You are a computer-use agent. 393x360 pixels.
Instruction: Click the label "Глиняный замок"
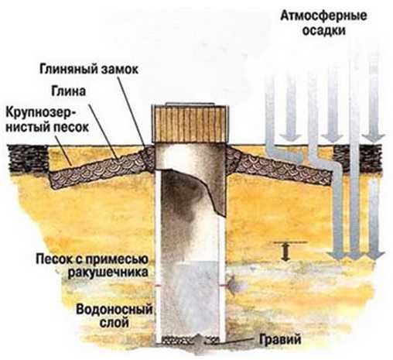pos(89,69)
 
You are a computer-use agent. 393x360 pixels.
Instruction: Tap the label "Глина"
pos(68,91)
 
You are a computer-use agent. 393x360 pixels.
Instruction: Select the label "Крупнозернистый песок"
pos(47,120)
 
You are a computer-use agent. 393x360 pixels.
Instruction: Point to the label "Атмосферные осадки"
pos(323,23)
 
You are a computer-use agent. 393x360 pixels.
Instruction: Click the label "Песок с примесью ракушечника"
pos(92,266)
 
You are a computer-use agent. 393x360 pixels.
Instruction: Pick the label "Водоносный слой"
pos(114,316)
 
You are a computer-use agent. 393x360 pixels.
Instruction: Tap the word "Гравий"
pos(280,339)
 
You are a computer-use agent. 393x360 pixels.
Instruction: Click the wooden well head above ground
pos(190,123)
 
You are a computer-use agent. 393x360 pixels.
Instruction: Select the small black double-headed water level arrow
pos(285,252)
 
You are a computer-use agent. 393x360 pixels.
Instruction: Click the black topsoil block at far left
pos(28,159)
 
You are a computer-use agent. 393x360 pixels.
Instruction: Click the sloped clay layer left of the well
pos(102,167)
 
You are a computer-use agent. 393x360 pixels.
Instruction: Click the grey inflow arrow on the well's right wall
pos(232,285)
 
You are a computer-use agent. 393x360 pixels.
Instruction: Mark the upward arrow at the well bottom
pos(198,339)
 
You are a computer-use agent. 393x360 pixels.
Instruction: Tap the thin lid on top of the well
pos(190,104)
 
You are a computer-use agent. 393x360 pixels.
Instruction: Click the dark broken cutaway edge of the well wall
pos(207,190)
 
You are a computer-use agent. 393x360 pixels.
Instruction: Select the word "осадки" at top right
pos(324,30)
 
